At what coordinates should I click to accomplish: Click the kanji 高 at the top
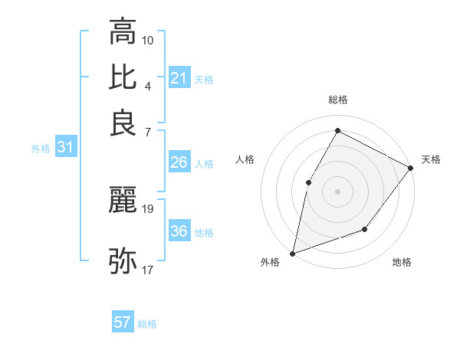(123, 32)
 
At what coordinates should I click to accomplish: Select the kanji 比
(123, 77)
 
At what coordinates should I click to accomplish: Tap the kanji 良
(123, 123)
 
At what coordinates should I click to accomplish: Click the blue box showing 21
(179, 78)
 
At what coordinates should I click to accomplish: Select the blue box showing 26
(179, 162)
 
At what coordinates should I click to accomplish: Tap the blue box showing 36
(179, 231)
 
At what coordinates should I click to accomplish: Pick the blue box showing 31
(65, 147)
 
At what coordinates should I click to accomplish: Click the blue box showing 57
(123, 322)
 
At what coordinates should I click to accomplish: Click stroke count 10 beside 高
(148, 39)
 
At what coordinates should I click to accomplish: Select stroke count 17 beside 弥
(148, 270)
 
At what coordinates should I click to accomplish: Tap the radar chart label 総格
(337, 100)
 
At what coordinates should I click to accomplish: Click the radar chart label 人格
(245, 159)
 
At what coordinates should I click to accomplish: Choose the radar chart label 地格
(402, 263)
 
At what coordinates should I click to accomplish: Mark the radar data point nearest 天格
(410, 168)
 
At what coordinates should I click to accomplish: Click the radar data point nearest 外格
(292, 253)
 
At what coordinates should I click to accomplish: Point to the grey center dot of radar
(337, 191)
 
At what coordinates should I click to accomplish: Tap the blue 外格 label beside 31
(41, 149)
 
